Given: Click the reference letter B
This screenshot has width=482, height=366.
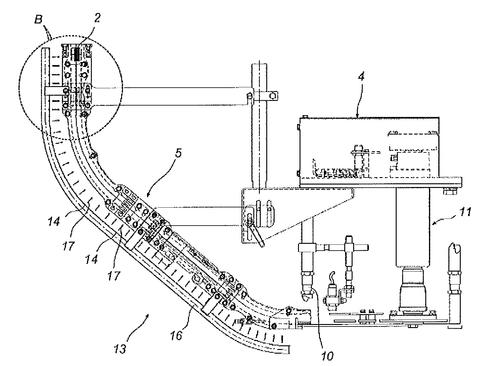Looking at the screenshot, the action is (x=39, y=19).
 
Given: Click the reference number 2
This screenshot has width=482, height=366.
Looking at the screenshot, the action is (x=97, y=18).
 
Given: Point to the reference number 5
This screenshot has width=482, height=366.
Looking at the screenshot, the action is (x=178, y=153).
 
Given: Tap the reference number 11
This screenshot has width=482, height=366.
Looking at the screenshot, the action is (x=465, y=212).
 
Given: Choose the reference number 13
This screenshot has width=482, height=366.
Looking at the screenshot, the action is (x=120, y=348).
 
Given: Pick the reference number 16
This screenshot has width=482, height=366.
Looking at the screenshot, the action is (x=176, y=336).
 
